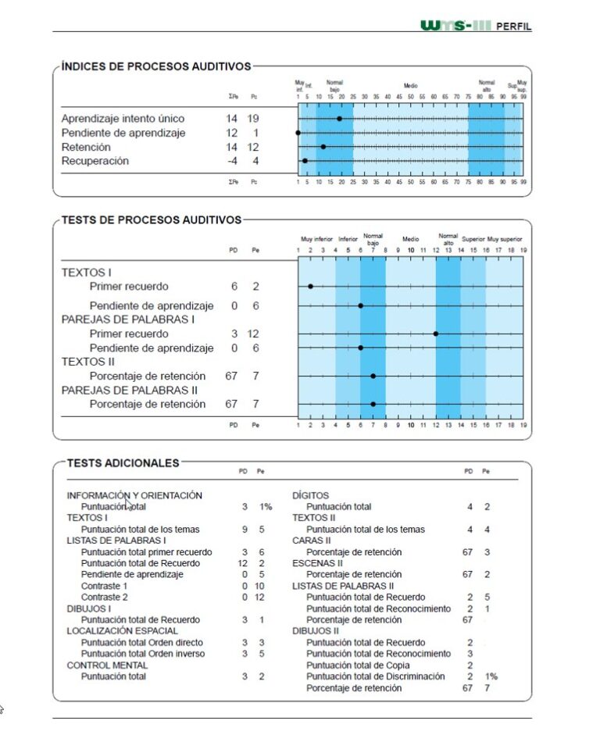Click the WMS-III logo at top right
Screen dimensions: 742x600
(x=455, y=26)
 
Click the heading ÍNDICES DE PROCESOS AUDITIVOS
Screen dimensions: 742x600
(x=156, y=67)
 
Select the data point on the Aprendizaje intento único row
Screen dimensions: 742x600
(x=339, y=119)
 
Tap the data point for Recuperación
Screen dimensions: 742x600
(x=305, y=161)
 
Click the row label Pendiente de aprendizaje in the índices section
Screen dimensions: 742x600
(x=123, y=133)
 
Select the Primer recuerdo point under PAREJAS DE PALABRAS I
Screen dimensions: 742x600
(x=435, y=334)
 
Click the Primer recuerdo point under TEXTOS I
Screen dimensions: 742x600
(x=310, y=287)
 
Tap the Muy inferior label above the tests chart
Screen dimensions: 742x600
(x=316, y=239)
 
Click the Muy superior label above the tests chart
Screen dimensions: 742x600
(x=505, y=239)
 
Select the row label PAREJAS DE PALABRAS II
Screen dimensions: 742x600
(x=129, y=390)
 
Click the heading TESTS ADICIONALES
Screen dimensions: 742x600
(x=123, y=463)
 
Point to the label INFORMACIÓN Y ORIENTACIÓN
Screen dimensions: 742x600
(x=134, y=495)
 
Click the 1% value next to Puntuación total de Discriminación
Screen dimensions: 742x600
(x=491, y=676)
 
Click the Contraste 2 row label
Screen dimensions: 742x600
(x=104, y=597)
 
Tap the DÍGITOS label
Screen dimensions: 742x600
(x=310, y=495)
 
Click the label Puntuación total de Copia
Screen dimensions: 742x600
(x=356, y=665)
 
